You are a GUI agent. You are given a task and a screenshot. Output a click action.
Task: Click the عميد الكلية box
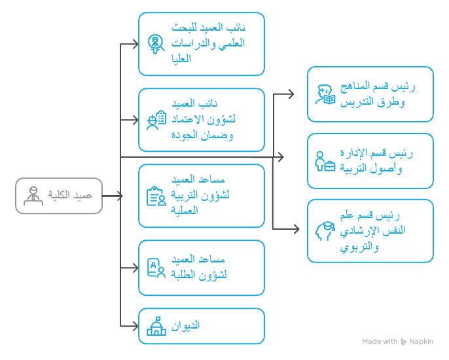pyautogui.click(x=59, y=196)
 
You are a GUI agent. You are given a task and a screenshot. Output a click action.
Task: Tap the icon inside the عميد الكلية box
pyautogui.click(x=31, y=196)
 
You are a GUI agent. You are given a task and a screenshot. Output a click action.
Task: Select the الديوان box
pyautogui.click(x=202, y=326)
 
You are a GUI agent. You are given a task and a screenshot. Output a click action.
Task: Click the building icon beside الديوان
pyautogui.click(x=156, y=326)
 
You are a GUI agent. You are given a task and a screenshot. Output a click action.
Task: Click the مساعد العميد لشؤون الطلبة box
pyautogui.click(x=202, y=268)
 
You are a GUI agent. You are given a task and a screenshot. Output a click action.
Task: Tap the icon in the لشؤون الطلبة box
pyautogui.click(x=156, y=268)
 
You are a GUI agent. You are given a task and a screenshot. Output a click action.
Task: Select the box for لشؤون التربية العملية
pyautogui.click(x=202, y=196)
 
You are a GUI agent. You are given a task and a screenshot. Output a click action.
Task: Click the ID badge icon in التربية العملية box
pyautogui.click(x=156, y=196)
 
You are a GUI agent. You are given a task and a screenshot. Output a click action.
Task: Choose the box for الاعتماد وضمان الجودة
pyautogui.click(x=202, y=120)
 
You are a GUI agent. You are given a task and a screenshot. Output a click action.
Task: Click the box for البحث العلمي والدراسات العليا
pyautogui.click(x=202, y=44)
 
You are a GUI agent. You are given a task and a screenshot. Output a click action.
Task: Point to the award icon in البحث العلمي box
pyautogui.click(x=156, y=44)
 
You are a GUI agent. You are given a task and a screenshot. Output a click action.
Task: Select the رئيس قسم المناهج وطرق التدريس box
pyautogui.click(x=370, y=94)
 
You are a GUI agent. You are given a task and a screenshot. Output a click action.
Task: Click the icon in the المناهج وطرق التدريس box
pyautogui.click(x=325, y=94)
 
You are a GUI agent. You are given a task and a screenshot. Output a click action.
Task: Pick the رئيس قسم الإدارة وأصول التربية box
pyautogui.click(x=370, y=160)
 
